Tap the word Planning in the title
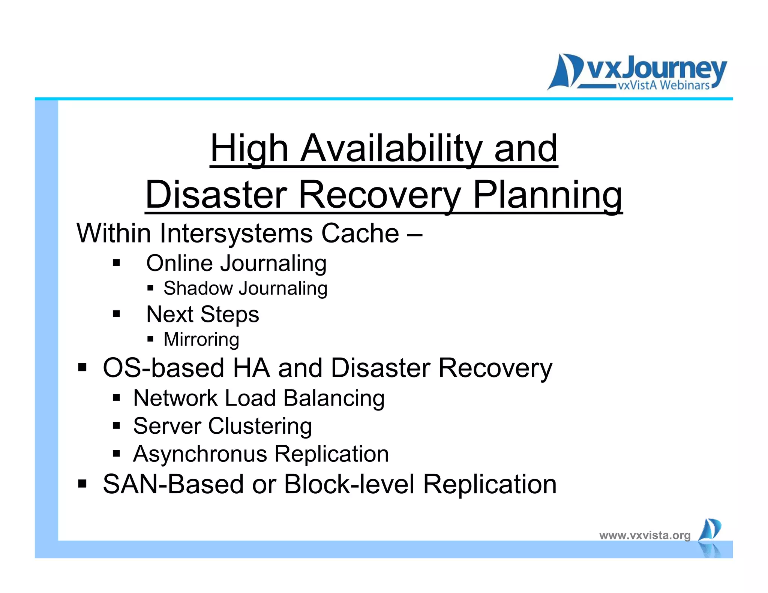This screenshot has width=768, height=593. [x=547, y=195]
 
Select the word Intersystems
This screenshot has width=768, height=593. [x=236, y=233]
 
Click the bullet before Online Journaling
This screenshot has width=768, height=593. [x=116, y=262]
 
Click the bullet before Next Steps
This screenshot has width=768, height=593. [x=116, y=314]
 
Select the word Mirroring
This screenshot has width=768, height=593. [x=201, y=339]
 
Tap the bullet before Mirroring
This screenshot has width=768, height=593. [x=150, y=339]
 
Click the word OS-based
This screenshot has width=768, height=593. [x=163, y=368]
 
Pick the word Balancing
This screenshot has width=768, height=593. [x=334, y=398]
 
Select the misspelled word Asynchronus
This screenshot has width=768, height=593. [x=200, y=454]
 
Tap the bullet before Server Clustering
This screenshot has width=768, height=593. [x=116, y=425]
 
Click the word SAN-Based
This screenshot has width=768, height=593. [x=173, y=484]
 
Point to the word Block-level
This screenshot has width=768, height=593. [x=349, y=484]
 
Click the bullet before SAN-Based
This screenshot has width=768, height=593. [x=82, y=484]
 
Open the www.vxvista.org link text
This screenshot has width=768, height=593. [x=645, y=535]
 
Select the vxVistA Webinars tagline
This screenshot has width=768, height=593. [x=663, y=85]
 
